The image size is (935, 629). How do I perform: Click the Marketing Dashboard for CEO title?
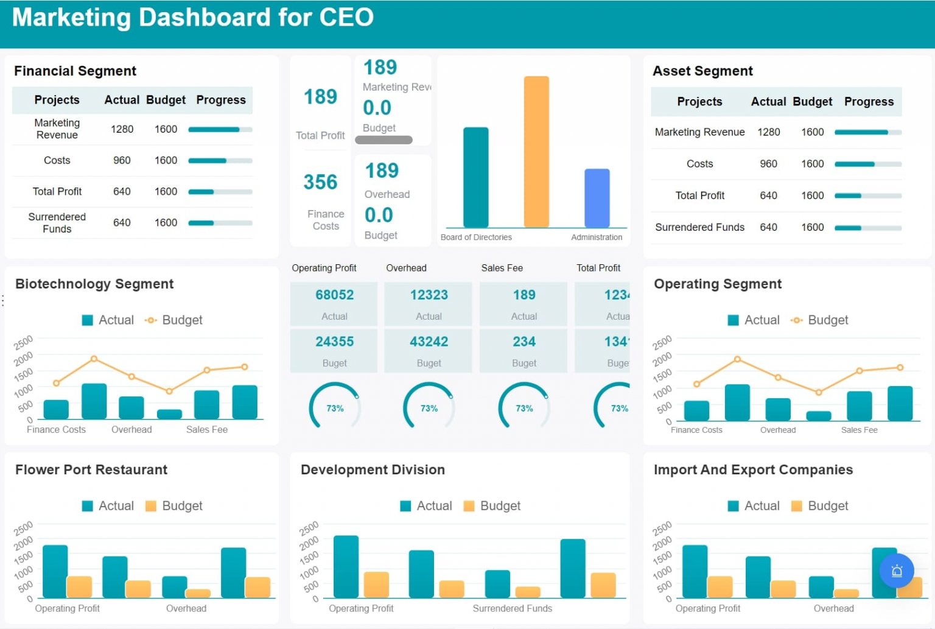point(192,17)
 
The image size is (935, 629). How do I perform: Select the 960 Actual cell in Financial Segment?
point(122,160)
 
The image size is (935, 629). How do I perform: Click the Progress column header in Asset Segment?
point(868,102)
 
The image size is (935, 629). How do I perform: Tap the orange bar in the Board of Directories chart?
point(536,152)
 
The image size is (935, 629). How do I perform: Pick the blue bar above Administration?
point(597,198)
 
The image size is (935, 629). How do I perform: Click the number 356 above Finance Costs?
point(320,182)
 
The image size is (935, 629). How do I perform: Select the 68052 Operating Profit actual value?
point(334,295)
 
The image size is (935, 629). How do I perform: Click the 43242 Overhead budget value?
point(429,342)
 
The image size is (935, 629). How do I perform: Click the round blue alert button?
point(896,571)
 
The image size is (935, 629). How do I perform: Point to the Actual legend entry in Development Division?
point(426,506)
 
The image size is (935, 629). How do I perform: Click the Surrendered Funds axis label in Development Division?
point(512,608)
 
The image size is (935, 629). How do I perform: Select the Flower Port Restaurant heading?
point(91,469)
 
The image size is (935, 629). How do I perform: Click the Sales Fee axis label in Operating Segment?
point(859,430)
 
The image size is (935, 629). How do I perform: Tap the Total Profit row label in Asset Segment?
point(699,195)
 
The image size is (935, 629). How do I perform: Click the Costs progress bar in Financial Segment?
point(220,161)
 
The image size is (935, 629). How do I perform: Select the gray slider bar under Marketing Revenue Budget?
point(383,140)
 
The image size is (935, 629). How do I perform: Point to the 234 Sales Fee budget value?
point(524,342)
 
